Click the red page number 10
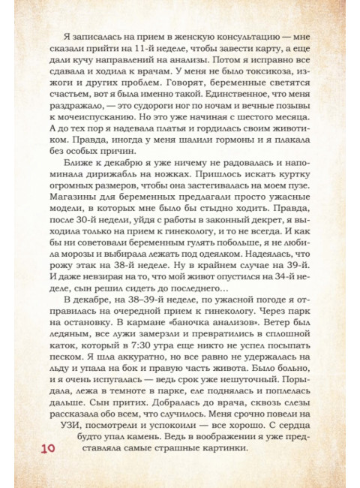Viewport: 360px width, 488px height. pos(43,448)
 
